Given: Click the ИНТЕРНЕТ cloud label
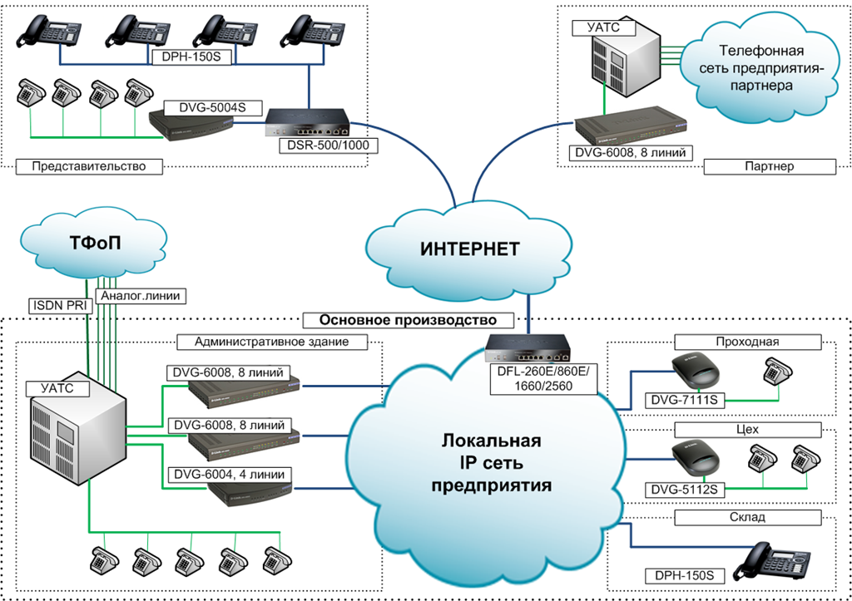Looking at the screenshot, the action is [470, 249].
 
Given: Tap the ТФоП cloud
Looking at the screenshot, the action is [94, 244].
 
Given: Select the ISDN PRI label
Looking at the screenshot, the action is [60, 305].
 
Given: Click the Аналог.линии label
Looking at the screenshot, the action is [140, 296].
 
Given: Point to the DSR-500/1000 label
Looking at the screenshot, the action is [328, 145].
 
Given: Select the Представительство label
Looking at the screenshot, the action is [89, 166].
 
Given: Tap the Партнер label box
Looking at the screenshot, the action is [770, 167].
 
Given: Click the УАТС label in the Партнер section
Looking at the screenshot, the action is [604, 27].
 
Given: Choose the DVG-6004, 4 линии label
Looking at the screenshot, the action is [230, 475].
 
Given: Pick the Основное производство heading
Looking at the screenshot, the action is [408, 320].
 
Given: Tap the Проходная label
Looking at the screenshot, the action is [748, 342].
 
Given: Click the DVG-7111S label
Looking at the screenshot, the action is [684, 401].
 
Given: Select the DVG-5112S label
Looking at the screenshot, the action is [684, 490].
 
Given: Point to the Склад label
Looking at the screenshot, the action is [748, 517].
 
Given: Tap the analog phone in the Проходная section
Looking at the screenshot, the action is [778, 372].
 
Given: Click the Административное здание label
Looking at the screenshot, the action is [272, 342].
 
